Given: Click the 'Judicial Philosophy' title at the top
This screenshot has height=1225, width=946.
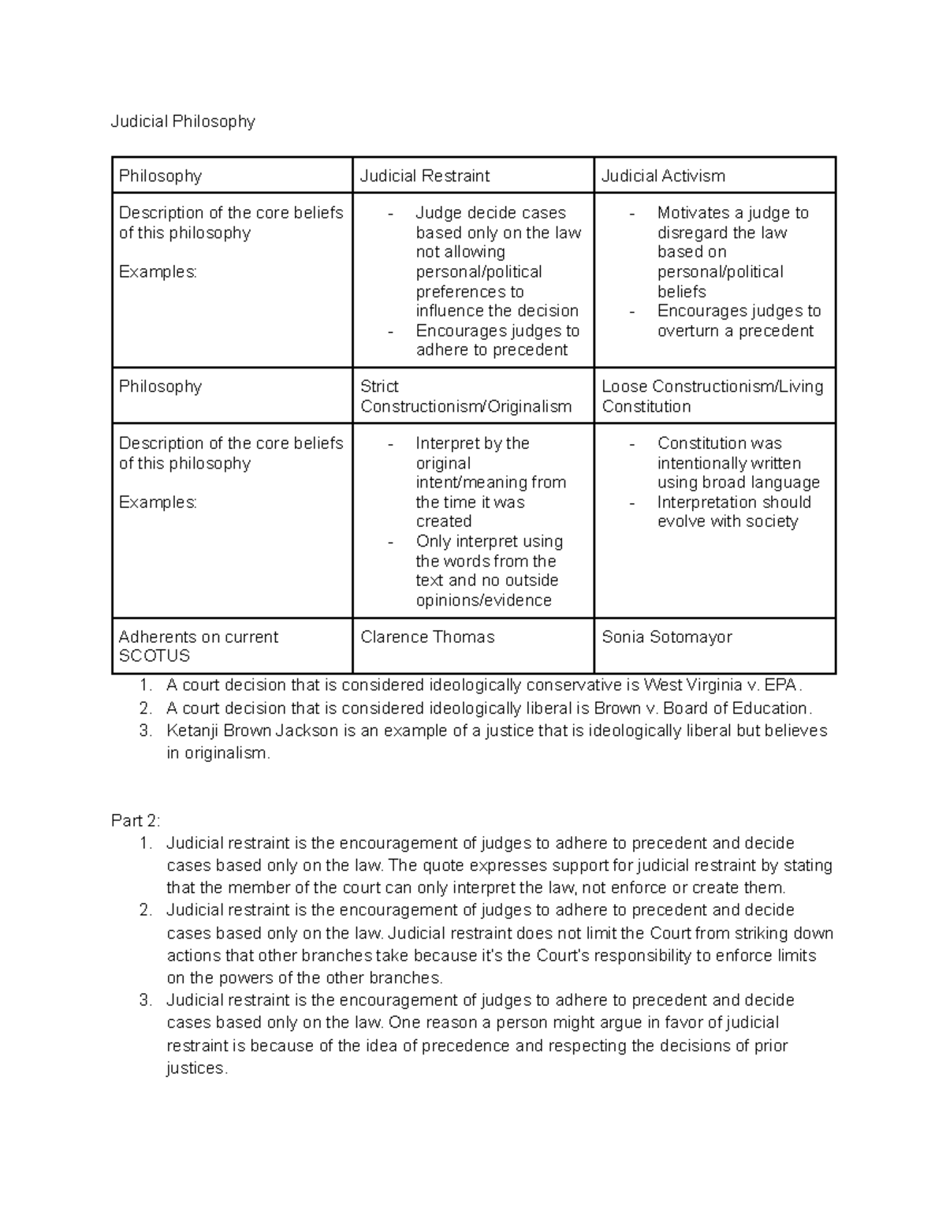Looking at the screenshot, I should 183,121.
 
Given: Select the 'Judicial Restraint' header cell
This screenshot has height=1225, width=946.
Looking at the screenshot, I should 425,176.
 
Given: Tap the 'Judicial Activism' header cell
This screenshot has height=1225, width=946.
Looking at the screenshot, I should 663,176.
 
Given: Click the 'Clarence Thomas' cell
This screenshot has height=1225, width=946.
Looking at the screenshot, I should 427,637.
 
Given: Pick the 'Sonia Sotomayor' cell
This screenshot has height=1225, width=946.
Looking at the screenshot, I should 667,637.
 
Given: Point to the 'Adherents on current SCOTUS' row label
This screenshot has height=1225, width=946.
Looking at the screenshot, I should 198,646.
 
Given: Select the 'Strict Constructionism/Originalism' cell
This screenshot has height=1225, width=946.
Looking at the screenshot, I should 465,397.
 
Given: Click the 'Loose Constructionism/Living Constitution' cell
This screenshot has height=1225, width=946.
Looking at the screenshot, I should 712,397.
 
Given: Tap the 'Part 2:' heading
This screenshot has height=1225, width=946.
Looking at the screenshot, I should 136,820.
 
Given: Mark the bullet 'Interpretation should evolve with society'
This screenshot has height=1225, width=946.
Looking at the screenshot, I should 733,512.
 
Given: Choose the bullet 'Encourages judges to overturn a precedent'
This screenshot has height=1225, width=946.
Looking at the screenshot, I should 739,321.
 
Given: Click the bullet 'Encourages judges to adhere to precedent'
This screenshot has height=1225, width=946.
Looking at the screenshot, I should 497,340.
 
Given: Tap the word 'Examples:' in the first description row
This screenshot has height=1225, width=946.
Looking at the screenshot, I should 158,271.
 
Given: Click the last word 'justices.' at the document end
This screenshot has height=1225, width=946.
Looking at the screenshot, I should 197,1069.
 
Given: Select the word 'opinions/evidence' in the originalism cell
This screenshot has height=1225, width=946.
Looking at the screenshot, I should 483,600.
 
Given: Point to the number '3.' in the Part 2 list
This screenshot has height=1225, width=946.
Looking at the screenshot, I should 145,1000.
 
